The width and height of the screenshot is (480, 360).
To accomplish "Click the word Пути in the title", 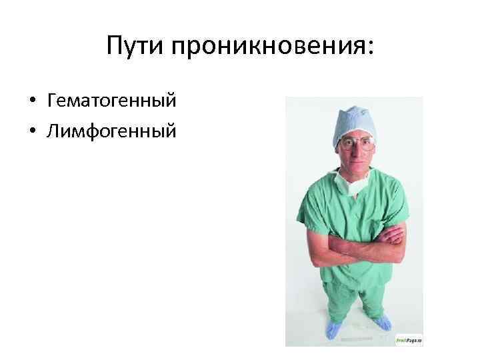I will (x=136, y=46).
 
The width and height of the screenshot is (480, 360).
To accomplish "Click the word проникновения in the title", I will (x=266, y=47).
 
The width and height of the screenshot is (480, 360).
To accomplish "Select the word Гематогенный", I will (x=111, y=102).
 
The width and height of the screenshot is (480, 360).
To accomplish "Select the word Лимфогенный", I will (x=111, y=131).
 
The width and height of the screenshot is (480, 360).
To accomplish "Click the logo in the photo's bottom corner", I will (x=409, y=339).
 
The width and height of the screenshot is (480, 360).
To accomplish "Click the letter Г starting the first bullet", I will (x=51, y=102).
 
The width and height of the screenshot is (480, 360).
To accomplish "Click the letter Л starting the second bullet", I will (x=52, y=131).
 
